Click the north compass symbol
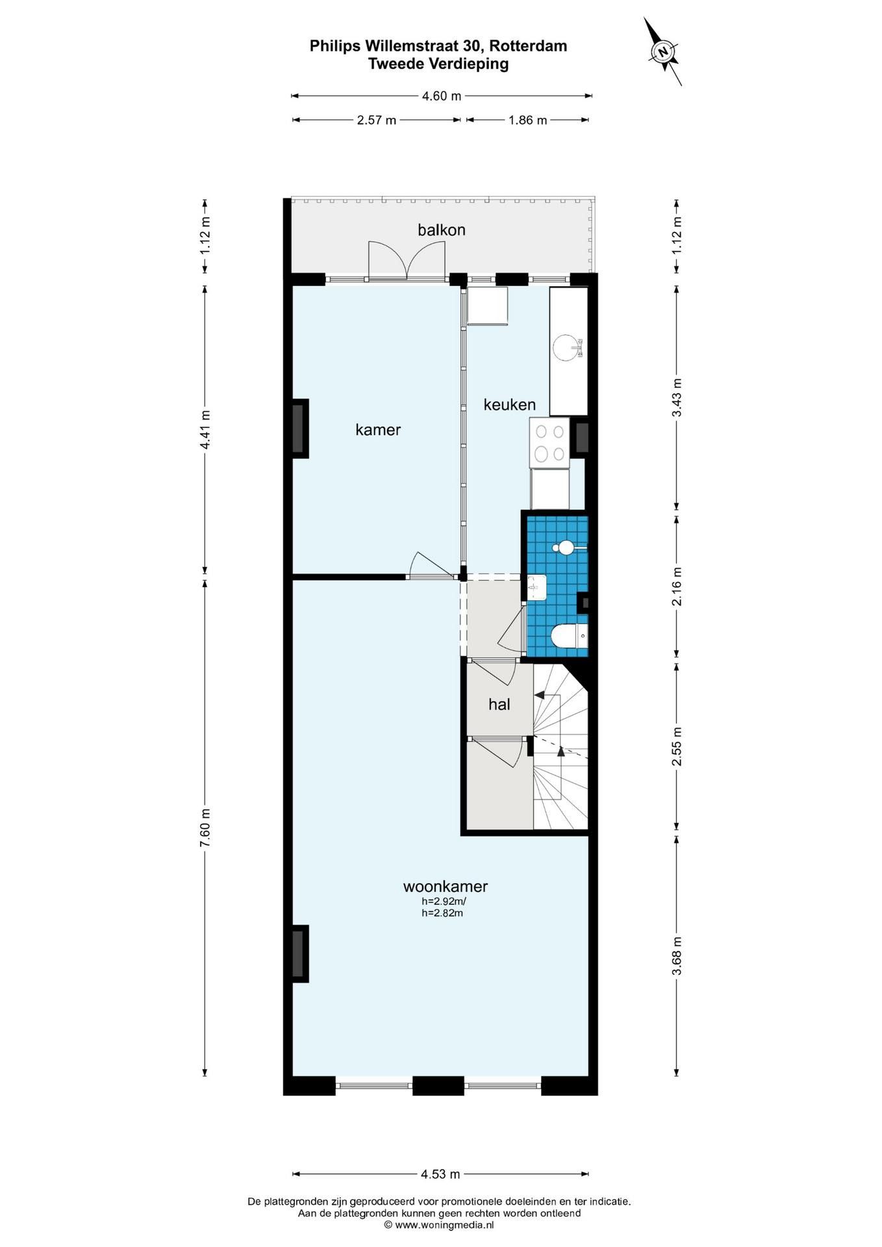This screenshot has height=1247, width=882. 663,51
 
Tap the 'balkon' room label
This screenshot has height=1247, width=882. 441,230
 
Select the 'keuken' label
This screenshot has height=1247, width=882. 509,405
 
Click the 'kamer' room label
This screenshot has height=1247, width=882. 378,429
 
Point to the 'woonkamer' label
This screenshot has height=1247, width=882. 445,886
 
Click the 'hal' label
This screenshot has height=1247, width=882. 499,704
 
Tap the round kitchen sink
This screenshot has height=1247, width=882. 567,347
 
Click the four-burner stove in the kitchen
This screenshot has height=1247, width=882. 549,442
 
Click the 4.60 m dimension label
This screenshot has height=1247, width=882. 442,96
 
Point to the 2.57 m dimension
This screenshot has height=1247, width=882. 377,120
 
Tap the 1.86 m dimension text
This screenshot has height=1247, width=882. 528,120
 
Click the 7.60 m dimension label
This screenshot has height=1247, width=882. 205,827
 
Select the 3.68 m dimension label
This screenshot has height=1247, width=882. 677,955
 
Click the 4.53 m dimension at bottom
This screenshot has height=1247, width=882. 440,1174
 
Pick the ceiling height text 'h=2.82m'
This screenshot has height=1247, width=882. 442,913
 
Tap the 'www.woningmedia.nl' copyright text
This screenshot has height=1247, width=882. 444,1225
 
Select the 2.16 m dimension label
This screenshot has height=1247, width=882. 677,586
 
